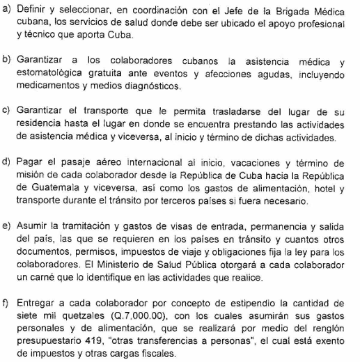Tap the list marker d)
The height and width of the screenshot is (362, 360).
click(8, 165)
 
